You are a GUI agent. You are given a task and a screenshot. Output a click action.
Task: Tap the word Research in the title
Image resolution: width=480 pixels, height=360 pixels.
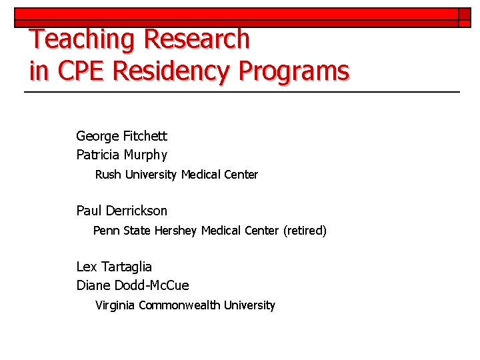pyautogui.click(x=197, y=39)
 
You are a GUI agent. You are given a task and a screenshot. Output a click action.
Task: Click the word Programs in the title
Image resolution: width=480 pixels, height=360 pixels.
pyautogui.click(x=295, y=71)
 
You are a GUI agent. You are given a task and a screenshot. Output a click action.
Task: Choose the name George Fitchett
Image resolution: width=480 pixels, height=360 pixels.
pyautogui.click(x=122, y=137)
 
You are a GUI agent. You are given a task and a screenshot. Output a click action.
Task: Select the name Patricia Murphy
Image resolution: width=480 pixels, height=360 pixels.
pyautogui.click(x=122, y=155)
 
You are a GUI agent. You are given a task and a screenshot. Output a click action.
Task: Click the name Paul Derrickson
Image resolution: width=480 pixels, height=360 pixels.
pyautogui.click(x=122, y=211)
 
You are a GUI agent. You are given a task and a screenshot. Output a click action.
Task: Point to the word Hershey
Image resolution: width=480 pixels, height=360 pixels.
pyautogui.click(x=176, y=231)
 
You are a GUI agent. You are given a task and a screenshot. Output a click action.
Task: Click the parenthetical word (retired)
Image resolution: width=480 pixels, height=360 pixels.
pyautogui.click(x=305, y=231)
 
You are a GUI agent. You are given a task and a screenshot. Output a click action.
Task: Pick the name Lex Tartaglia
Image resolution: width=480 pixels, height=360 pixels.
pyautogui.click(x=114, y=267)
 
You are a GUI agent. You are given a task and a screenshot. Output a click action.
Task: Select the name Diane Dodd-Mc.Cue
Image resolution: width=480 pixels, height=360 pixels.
pyautogui.click(x=133, y=286)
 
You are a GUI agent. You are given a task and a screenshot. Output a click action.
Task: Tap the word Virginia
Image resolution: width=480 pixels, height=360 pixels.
pyautogui.click(x=115, y=305)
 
